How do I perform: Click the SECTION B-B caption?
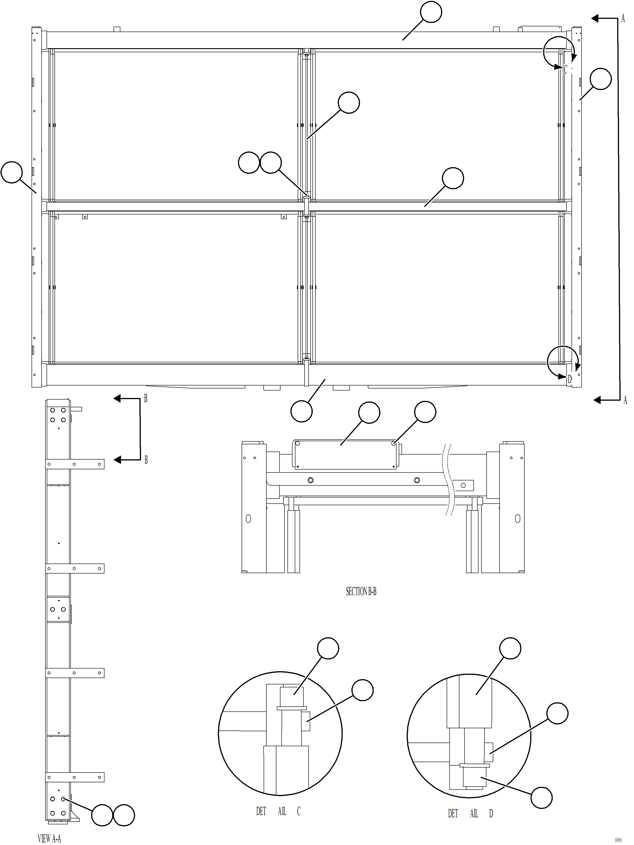pyautogui.click(x=361, y=591)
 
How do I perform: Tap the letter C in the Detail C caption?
pyautogui.click(x=299, y=811)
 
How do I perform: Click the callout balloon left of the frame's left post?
pyautogui.click(x=11, y=172)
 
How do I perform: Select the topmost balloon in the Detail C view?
pyautogui.click(x=328, y=648)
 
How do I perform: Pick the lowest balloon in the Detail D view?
pyautogui.click(x=542, y=798)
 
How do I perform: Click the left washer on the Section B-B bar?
pyautogui.click(x=310, y=480)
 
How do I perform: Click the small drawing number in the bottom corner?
pyautogui.click(x=618, y=840)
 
